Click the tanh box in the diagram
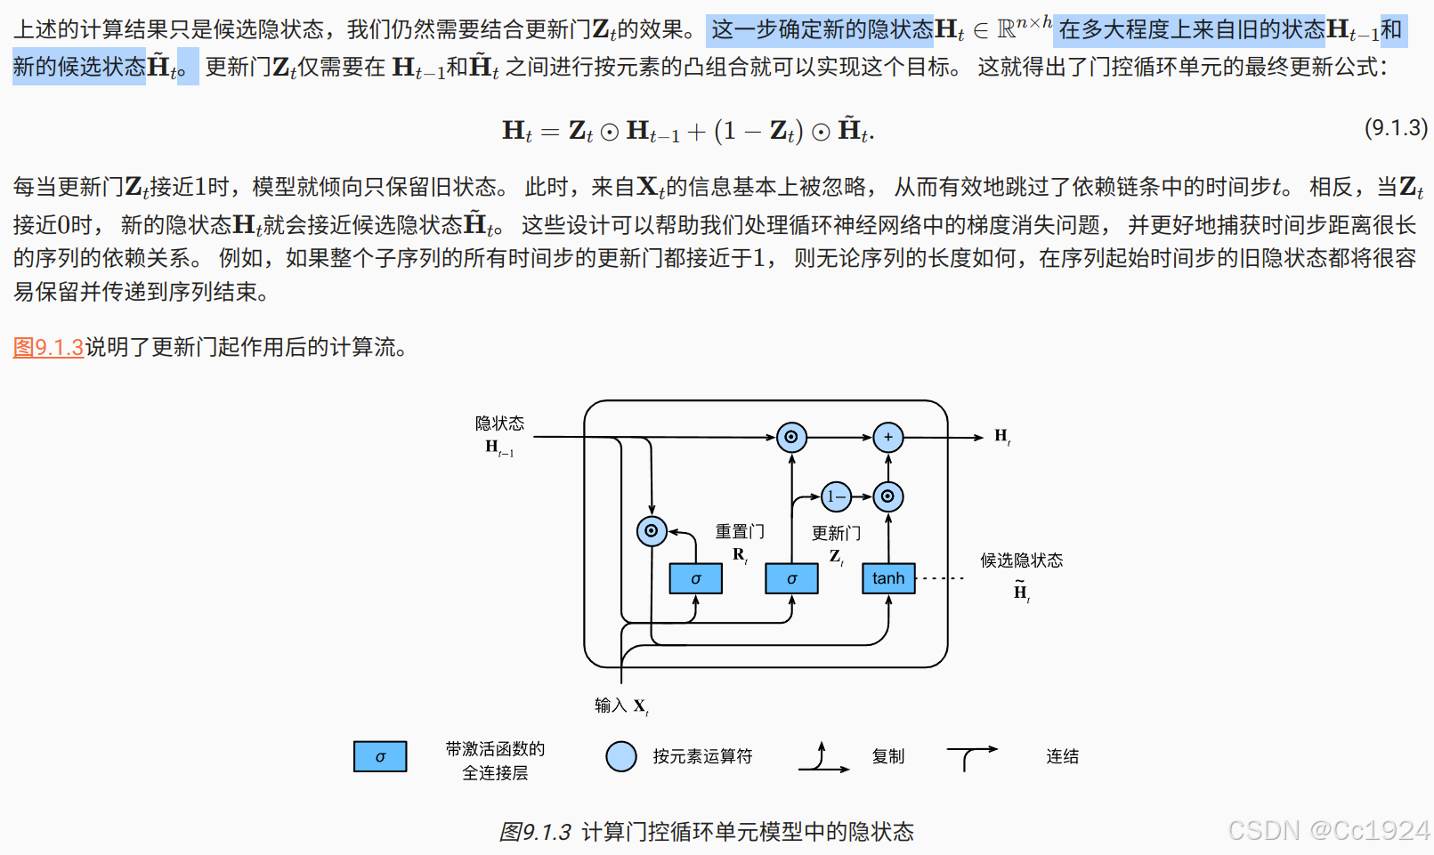(x=888, y=578)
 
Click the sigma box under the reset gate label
(x=695, y=578)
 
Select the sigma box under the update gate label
(x=791, y=578)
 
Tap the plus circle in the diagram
(x=887, y=437)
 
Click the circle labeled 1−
(x=836, y=496)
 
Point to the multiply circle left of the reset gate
(x=652, y=531)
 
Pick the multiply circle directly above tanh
(x=887, y=496)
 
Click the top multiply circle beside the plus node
(x=791, y=437)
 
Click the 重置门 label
(x=740, y=532)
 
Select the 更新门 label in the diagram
(x=836, y=533)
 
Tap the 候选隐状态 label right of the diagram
(x=1021, y=561)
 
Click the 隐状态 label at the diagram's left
(x=499, y=423)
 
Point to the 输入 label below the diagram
(x=611, y=706)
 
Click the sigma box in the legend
(x=380, y=756)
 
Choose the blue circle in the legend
(x=621, y=756)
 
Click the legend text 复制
(x=888, y=756)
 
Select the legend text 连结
(x=1062, y=756)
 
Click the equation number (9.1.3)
(x=1396, y=128)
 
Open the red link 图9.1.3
(x=48, y=347)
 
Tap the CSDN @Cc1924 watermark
(x=1328, y=830)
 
